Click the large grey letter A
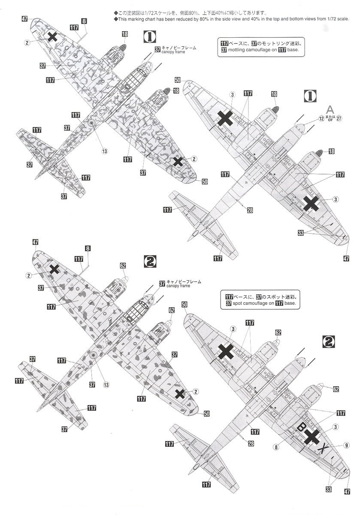click(330, 109)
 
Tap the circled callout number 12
click(321, 118)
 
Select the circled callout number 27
click(339, 118)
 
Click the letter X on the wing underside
click(325, 448)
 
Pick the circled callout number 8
click(276, 447)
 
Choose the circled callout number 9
click(346, 445)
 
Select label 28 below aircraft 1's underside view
click(250, 209)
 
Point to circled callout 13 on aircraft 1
click(104, 151)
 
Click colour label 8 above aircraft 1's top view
click(84, 21)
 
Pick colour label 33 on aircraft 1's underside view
click(300, 233)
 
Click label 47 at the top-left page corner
click(24, 19)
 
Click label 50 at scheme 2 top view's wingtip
click(206, 414)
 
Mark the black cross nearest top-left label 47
click(52, 36)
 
